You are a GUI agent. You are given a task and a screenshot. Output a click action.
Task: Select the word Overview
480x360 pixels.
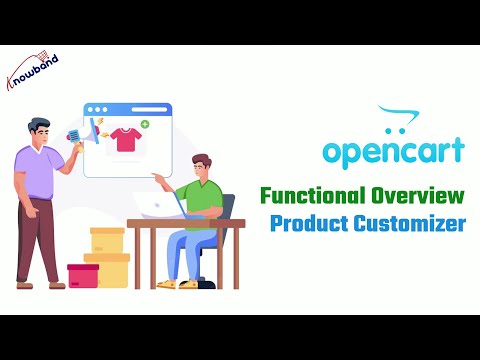418,194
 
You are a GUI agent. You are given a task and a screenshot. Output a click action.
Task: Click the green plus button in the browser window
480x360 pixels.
145,125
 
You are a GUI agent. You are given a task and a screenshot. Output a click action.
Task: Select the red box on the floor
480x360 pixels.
83,275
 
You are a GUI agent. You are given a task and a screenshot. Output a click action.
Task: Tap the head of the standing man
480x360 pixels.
39,130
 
